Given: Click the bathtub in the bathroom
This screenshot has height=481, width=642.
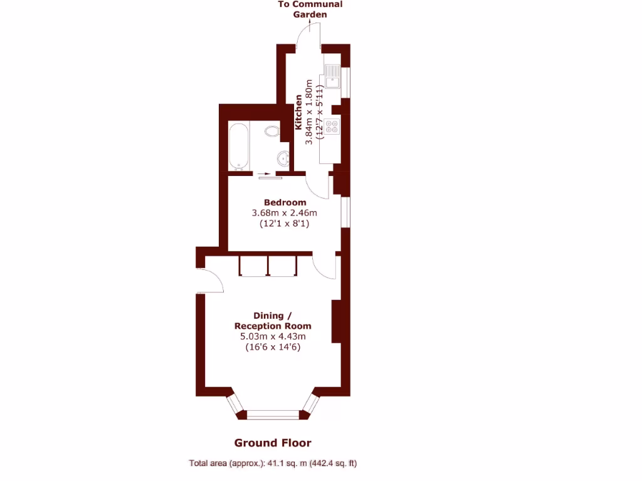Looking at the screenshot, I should click(x=238, y=145).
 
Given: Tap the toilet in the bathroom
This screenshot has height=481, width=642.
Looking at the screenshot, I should click(x=271, y=132).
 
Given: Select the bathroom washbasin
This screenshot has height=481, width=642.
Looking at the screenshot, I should click(x=283, y=157).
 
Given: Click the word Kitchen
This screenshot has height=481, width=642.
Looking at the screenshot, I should click(x=299, y=113).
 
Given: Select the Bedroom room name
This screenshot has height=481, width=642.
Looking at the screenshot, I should click(x=285, y=202).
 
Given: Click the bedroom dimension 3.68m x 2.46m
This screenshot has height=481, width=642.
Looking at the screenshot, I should click(x=285, y=213).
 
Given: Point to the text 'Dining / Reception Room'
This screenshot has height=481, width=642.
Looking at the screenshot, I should click(x=273, y=321).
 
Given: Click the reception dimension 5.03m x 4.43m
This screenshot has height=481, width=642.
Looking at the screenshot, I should click(x=273, y=336).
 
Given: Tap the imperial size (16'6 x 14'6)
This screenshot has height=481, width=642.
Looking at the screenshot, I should click(x=273, y=347).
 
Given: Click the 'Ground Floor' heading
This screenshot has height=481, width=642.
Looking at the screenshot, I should click(x=273, y=443).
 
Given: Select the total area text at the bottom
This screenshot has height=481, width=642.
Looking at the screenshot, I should click(x=273, y=463).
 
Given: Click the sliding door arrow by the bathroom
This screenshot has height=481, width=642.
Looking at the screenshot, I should click(x=266, y=173).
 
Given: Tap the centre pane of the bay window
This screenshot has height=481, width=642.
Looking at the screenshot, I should click(x=273, y=414).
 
